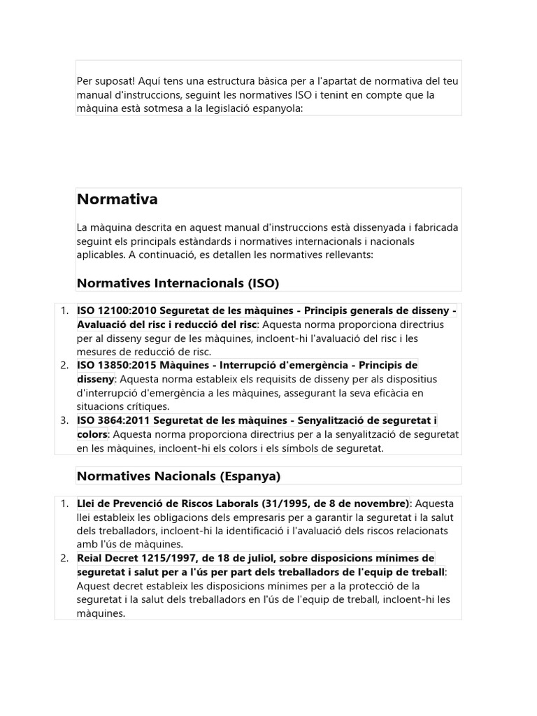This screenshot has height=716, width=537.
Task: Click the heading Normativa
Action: click(x=117, y=200)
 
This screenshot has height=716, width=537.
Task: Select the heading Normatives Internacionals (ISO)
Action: click(x=178, y=283)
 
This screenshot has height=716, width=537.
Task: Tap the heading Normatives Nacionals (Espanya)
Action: click(x=178, y=476)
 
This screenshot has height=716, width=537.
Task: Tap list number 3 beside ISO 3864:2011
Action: click(x=64, y=420)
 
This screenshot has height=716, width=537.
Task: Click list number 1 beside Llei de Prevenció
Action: click(x=64, y=503)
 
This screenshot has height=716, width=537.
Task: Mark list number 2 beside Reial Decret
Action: click(x=64, y=558)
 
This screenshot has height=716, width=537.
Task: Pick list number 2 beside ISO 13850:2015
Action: click(x=64, y=366)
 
